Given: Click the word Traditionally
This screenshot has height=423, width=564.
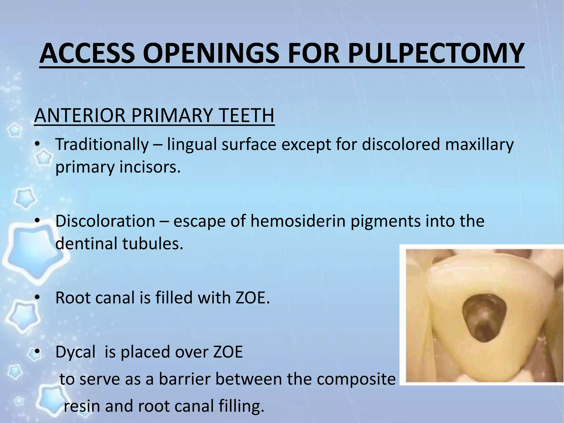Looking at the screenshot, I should click(102, 144).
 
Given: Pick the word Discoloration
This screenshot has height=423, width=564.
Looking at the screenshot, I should click(105, 221).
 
